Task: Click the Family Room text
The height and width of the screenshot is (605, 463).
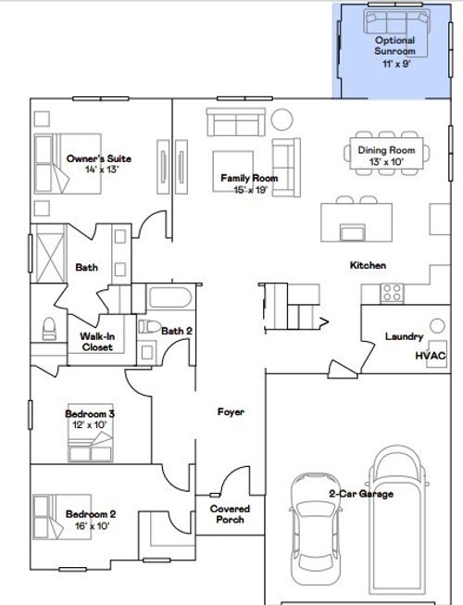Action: [249, 177]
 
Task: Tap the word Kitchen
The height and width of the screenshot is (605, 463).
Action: [367, 265]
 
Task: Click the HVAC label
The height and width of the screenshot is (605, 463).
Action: [430, 355]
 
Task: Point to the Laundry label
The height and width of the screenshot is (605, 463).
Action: [404, 336]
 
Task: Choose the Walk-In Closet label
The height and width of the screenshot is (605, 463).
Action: [96, 342]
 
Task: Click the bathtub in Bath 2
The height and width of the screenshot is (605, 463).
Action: [170, 300]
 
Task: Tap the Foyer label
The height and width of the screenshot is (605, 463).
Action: [230, 411]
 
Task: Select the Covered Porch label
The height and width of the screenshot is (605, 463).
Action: [230, 514]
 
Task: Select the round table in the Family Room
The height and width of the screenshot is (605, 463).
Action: [282, 119]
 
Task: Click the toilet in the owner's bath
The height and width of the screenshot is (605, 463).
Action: [48, 330]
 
